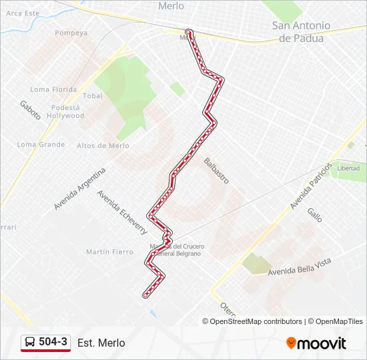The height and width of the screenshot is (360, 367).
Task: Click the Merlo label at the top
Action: [171, 6]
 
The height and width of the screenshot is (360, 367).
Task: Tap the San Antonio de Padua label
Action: [301, 32]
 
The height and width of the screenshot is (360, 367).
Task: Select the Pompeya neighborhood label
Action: [71, 33]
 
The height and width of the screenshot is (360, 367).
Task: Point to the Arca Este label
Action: [23, 13]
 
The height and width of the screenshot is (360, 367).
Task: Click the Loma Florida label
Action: [53, 89]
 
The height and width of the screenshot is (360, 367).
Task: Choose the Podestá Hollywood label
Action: [66, 111]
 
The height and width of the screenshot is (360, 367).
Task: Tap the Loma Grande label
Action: [41, 144]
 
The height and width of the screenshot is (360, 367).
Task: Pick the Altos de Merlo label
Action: [103, 145]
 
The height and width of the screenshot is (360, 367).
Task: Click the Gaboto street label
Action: [30, 110]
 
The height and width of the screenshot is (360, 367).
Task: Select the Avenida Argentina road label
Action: [80, 188]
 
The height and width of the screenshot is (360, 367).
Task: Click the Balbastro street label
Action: [217, 170]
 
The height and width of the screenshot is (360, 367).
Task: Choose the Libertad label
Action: [348, 168]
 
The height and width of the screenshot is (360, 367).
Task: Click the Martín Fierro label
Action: [109, 251]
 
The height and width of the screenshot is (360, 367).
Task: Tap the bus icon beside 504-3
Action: [30, 342]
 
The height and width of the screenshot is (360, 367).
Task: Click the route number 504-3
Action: [53, 342]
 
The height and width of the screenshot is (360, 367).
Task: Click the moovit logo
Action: [316, 343]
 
